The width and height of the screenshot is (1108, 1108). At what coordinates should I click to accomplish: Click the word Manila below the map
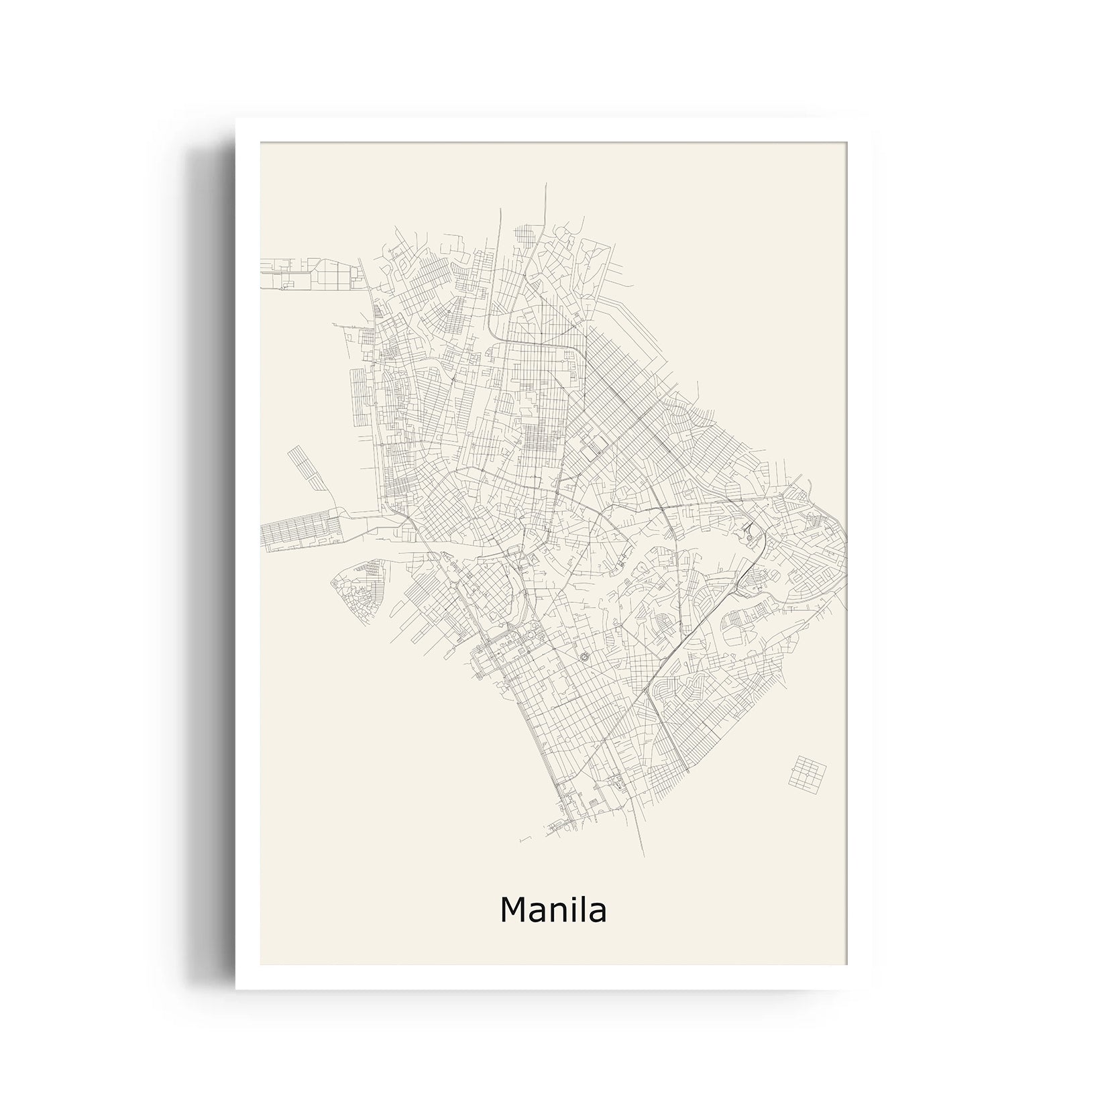click(553, 910)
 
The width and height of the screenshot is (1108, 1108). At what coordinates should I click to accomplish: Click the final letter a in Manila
click(597, 913)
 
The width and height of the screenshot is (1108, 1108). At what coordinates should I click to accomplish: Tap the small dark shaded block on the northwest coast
click(379, 311)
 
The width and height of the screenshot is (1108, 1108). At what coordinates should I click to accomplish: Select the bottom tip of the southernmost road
click(645, 856)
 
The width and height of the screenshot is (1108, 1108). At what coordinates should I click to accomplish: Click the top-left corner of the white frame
click(237, 119)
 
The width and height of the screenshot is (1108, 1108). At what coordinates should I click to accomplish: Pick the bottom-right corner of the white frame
click(871, 988)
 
